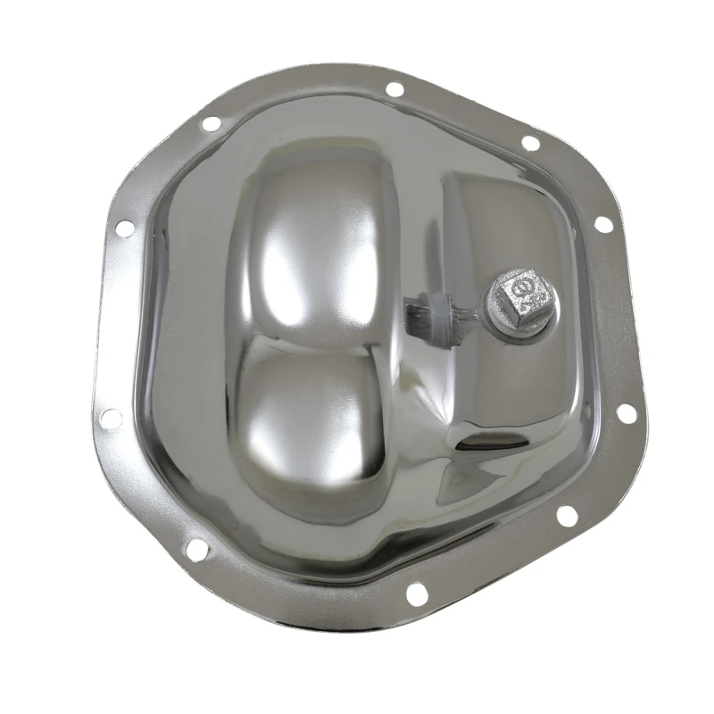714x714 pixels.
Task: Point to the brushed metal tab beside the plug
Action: pos(427,312)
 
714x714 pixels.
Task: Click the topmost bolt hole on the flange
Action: pos(394,88)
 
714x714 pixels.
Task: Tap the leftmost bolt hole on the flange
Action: pos(110,417)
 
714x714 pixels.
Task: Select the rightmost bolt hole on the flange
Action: pos(626,413)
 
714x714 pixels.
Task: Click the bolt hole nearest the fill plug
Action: pos(603,223)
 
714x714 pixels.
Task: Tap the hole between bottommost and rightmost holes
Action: pos(564,515)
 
